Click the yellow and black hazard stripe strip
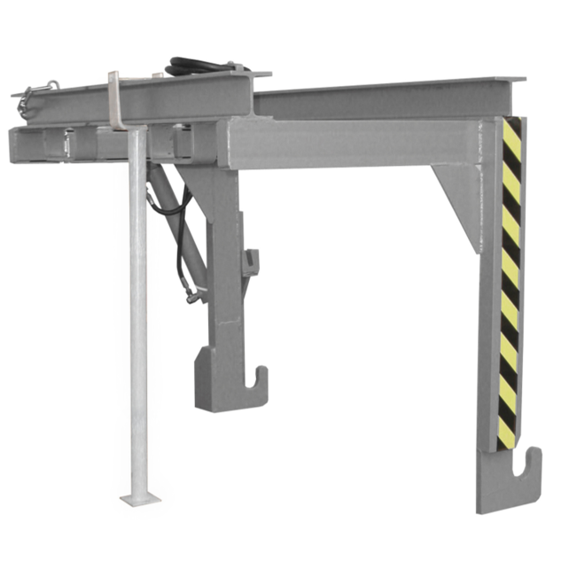[511, 284]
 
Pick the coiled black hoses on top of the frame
[200, 66]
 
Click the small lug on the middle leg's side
[253, 261]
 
